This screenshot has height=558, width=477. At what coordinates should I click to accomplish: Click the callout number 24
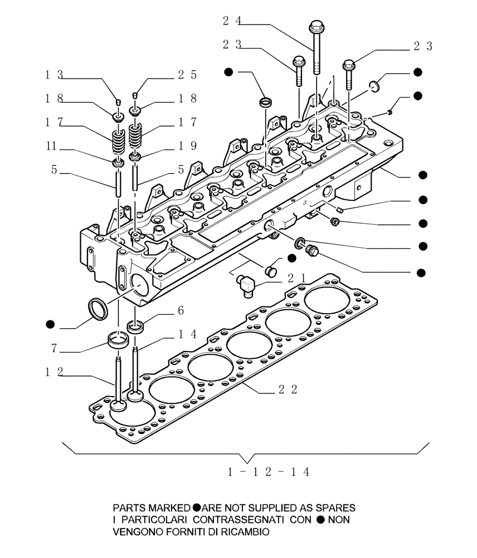click(231, 21)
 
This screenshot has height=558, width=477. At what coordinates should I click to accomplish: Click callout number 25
click(187, 74)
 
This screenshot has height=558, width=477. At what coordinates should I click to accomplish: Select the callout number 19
click(187, 146)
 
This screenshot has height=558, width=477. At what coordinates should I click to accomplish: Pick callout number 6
click(181, 310)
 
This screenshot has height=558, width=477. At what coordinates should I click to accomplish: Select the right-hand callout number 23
click(422, 46)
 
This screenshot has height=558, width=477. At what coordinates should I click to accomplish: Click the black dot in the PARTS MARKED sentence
click(197, 508)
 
